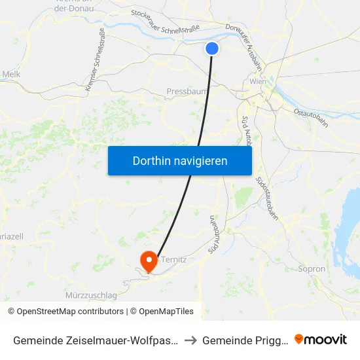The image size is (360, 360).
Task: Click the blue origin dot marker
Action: coord(212,48)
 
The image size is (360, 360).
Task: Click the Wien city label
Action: coord(257,81)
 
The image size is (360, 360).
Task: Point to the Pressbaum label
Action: coord(187,92)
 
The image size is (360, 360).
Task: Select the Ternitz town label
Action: coord(174,259)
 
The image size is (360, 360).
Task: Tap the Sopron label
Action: coord(312,268)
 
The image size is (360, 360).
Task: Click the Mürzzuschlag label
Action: coord(92,295)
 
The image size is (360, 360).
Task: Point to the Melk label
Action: coord(11,74)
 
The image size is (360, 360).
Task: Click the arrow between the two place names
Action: coord(187,340)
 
